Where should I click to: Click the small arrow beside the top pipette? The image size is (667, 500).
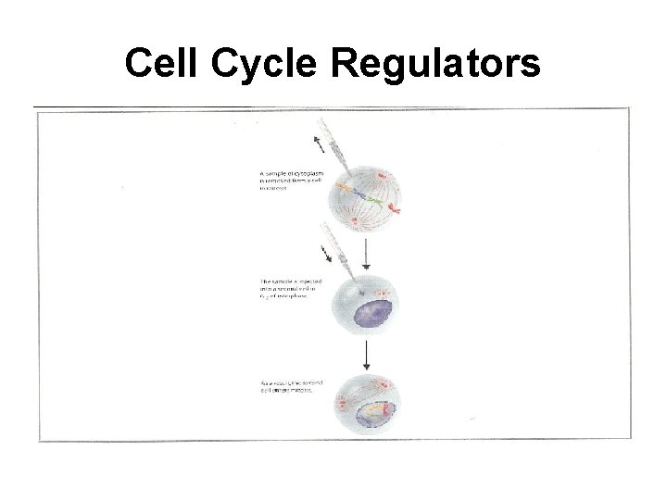coord(322,144)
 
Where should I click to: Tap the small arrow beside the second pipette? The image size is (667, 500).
coord(327,252)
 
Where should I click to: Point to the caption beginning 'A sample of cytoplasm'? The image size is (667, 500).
coord(291,180)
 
